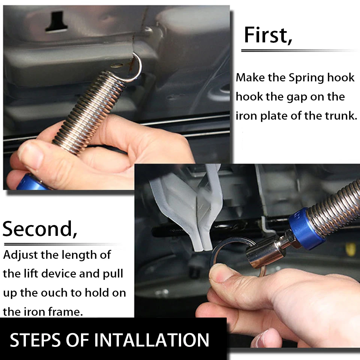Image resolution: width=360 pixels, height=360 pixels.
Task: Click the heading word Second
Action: coord(40,229)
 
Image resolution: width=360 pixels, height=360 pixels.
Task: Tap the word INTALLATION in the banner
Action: coord(152,340)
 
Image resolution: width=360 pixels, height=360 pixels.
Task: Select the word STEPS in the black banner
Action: coord(35,340)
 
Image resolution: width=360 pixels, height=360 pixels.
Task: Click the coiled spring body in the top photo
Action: coord(90,112)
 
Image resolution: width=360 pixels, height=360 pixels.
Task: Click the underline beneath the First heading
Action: coord(299,51)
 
